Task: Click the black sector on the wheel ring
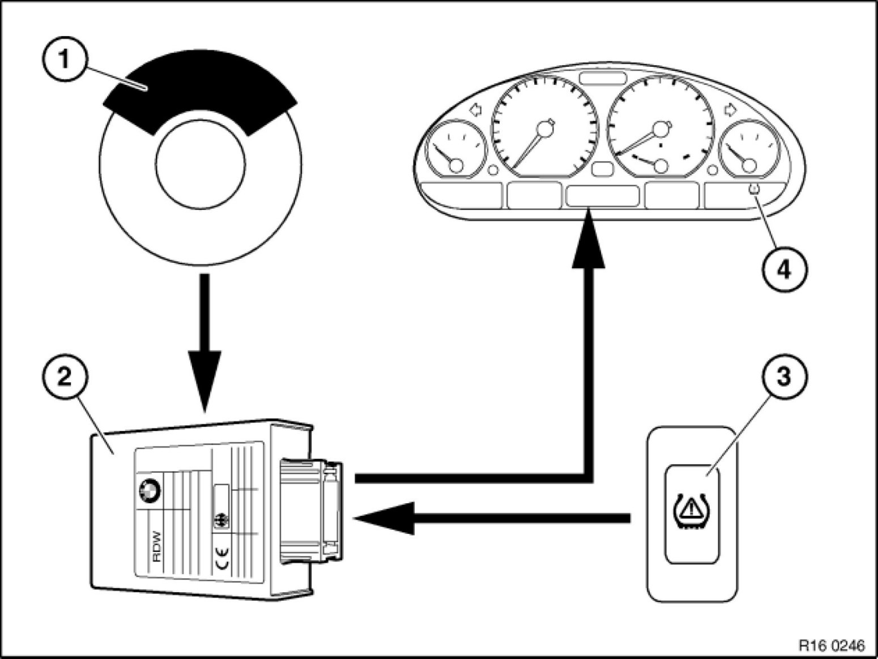(x=198, y=93)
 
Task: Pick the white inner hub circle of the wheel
(x=201, y=165)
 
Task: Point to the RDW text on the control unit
(x=157, y=546)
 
